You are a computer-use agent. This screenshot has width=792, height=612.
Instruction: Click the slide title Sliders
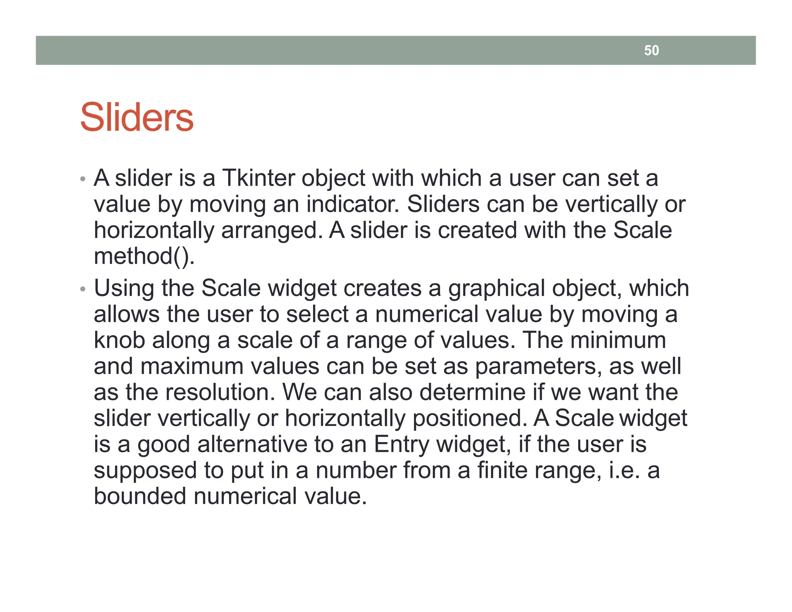[x=137, y=118]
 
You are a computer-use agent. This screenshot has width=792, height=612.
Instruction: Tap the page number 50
[x=651, y=51]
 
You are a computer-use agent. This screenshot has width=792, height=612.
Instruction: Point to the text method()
[x=144, y=256]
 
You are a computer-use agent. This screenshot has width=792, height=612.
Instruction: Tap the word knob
[x=119, y=340]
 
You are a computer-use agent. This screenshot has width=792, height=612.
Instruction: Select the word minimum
[x=618, y=340]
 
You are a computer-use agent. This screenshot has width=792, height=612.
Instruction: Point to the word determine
[x=472, y=392]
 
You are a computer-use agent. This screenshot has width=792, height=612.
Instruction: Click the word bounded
[x=140, y=496]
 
